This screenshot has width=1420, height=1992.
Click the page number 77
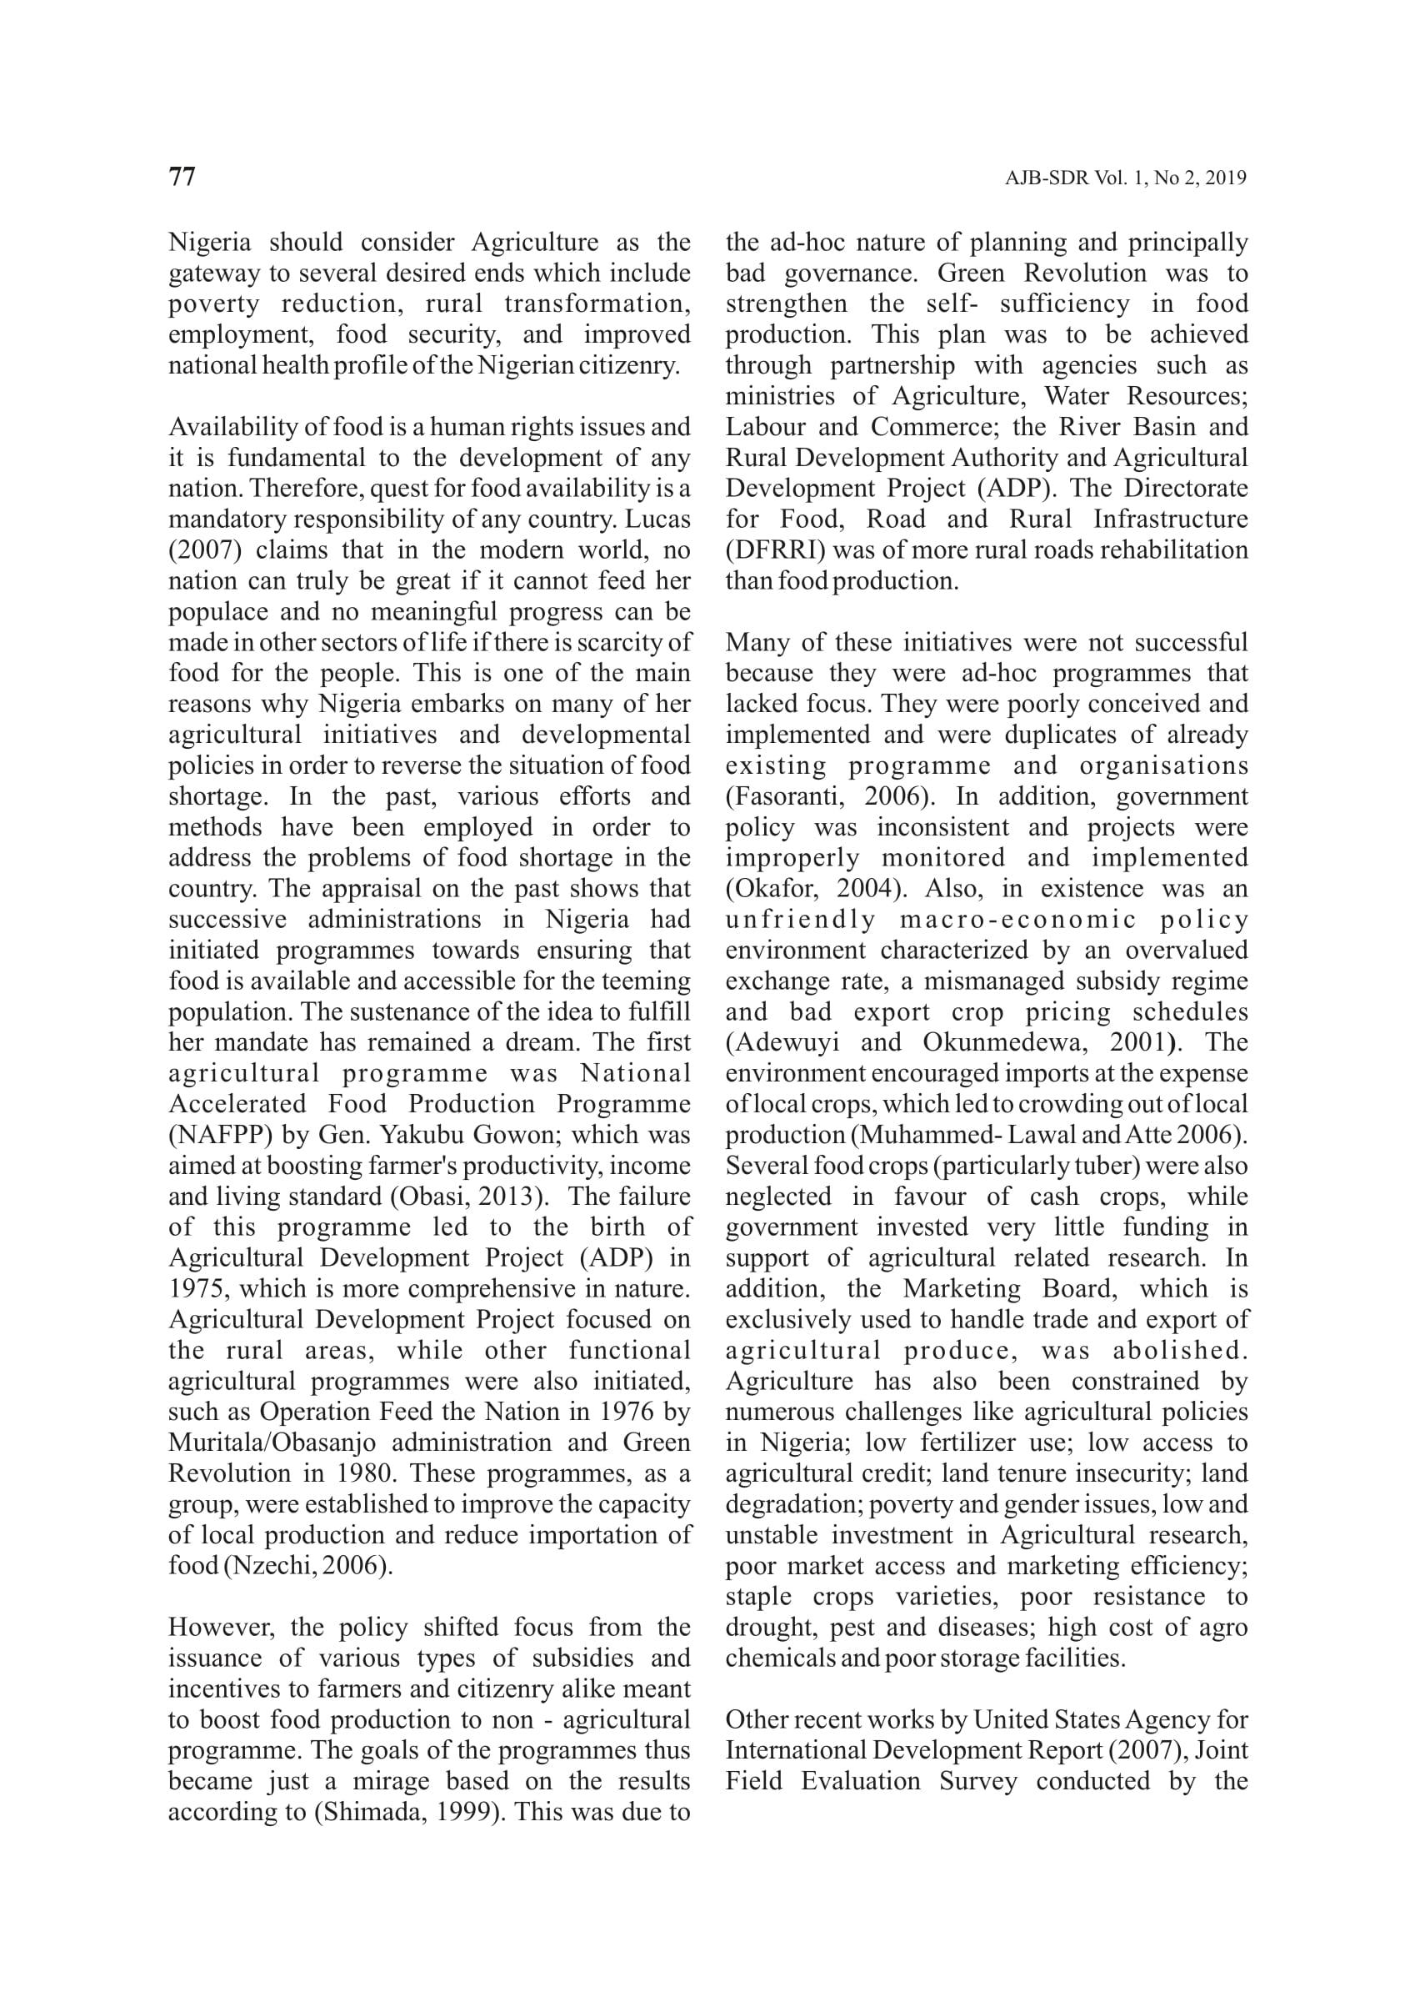182,177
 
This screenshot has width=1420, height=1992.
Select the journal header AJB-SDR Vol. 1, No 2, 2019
1125,178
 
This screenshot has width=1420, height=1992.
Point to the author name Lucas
657,519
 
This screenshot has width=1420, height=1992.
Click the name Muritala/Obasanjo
272,1443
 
